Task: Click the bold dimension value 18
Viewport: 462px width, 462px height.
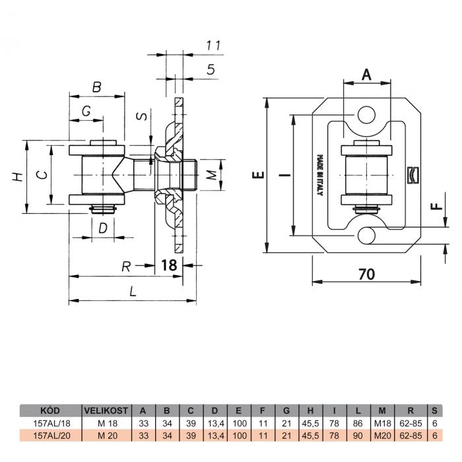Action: pyautogui.click(x=169, y=265)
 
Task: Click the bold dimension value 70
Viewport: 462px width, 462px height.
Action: pyautogui.click(x=366, y=274)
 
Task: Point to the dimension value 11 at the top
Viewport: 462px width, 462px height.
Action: pyautogui.click(x=213, y=46)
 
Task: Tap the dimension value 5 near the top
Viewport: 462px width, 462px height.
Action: pyautogui.click(x=211, y=69)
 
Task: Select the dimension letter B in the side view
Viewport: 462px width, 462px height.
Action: pyautogui.click(x=96, y=87)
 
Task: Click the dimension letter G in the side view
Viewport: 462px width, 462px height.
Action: pyautogui.click(x=86, y=111)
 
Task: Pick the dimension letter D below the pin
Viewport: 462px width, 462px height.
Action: pyautogui.click(x=103, y=228)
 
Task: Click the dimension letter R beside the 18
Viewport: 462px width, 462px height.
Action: pyautogui.click(x=126, y=267)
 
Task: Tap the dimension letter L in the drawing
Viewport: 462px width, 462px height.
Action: pyautogui.click(x=133, y=292)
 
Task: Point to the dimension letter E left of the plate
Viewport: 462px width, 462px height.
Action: pyautogui.click(x=258, y=175)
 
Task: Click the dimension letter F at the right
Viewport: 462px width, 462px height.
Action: pyautogui.click(x=437, y=205)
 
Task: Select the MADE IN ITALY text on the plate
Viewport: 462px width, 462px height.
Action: pyautogui.click(x=319, y=176)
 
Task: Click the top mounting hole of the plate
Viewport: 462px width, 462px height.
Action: pyautogui.click(x=366, y=115)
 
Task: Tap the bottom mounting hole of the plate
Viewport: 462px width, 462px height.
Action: pyautogui.click(x=366, y=236)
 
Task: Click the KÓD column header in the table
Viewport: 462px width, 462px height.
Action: pyautogui.click(x=49, y=410)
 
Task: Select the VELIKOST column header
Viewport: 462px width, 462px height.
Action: pyautogui.click(x=106, y=411)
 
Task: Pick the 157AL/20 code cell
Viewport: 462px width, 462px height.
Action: pyautogui.click(x=52, y=435)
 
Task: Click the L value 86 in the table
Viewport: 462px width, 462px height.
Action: pyautogui.click(x=358, y=424)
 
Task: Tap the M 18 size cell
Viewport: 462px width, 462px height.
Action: pyautogui.click(x=108, y=424)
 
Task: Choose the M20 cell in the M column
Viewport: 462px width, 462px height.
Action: pyautogui.click(x=382, y=435)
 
